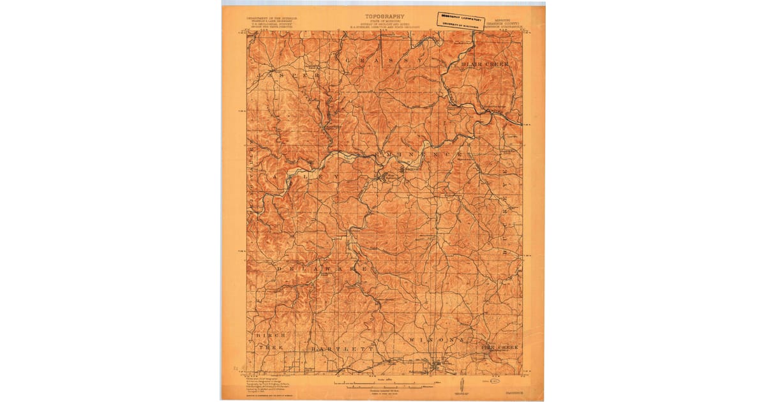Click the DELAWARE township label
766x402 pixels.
(x=322, y=270)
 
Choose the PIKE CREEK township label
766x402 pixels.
(x=500, y=346)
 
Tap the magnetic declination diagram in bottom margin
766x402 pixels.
(x=461, y=385)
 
